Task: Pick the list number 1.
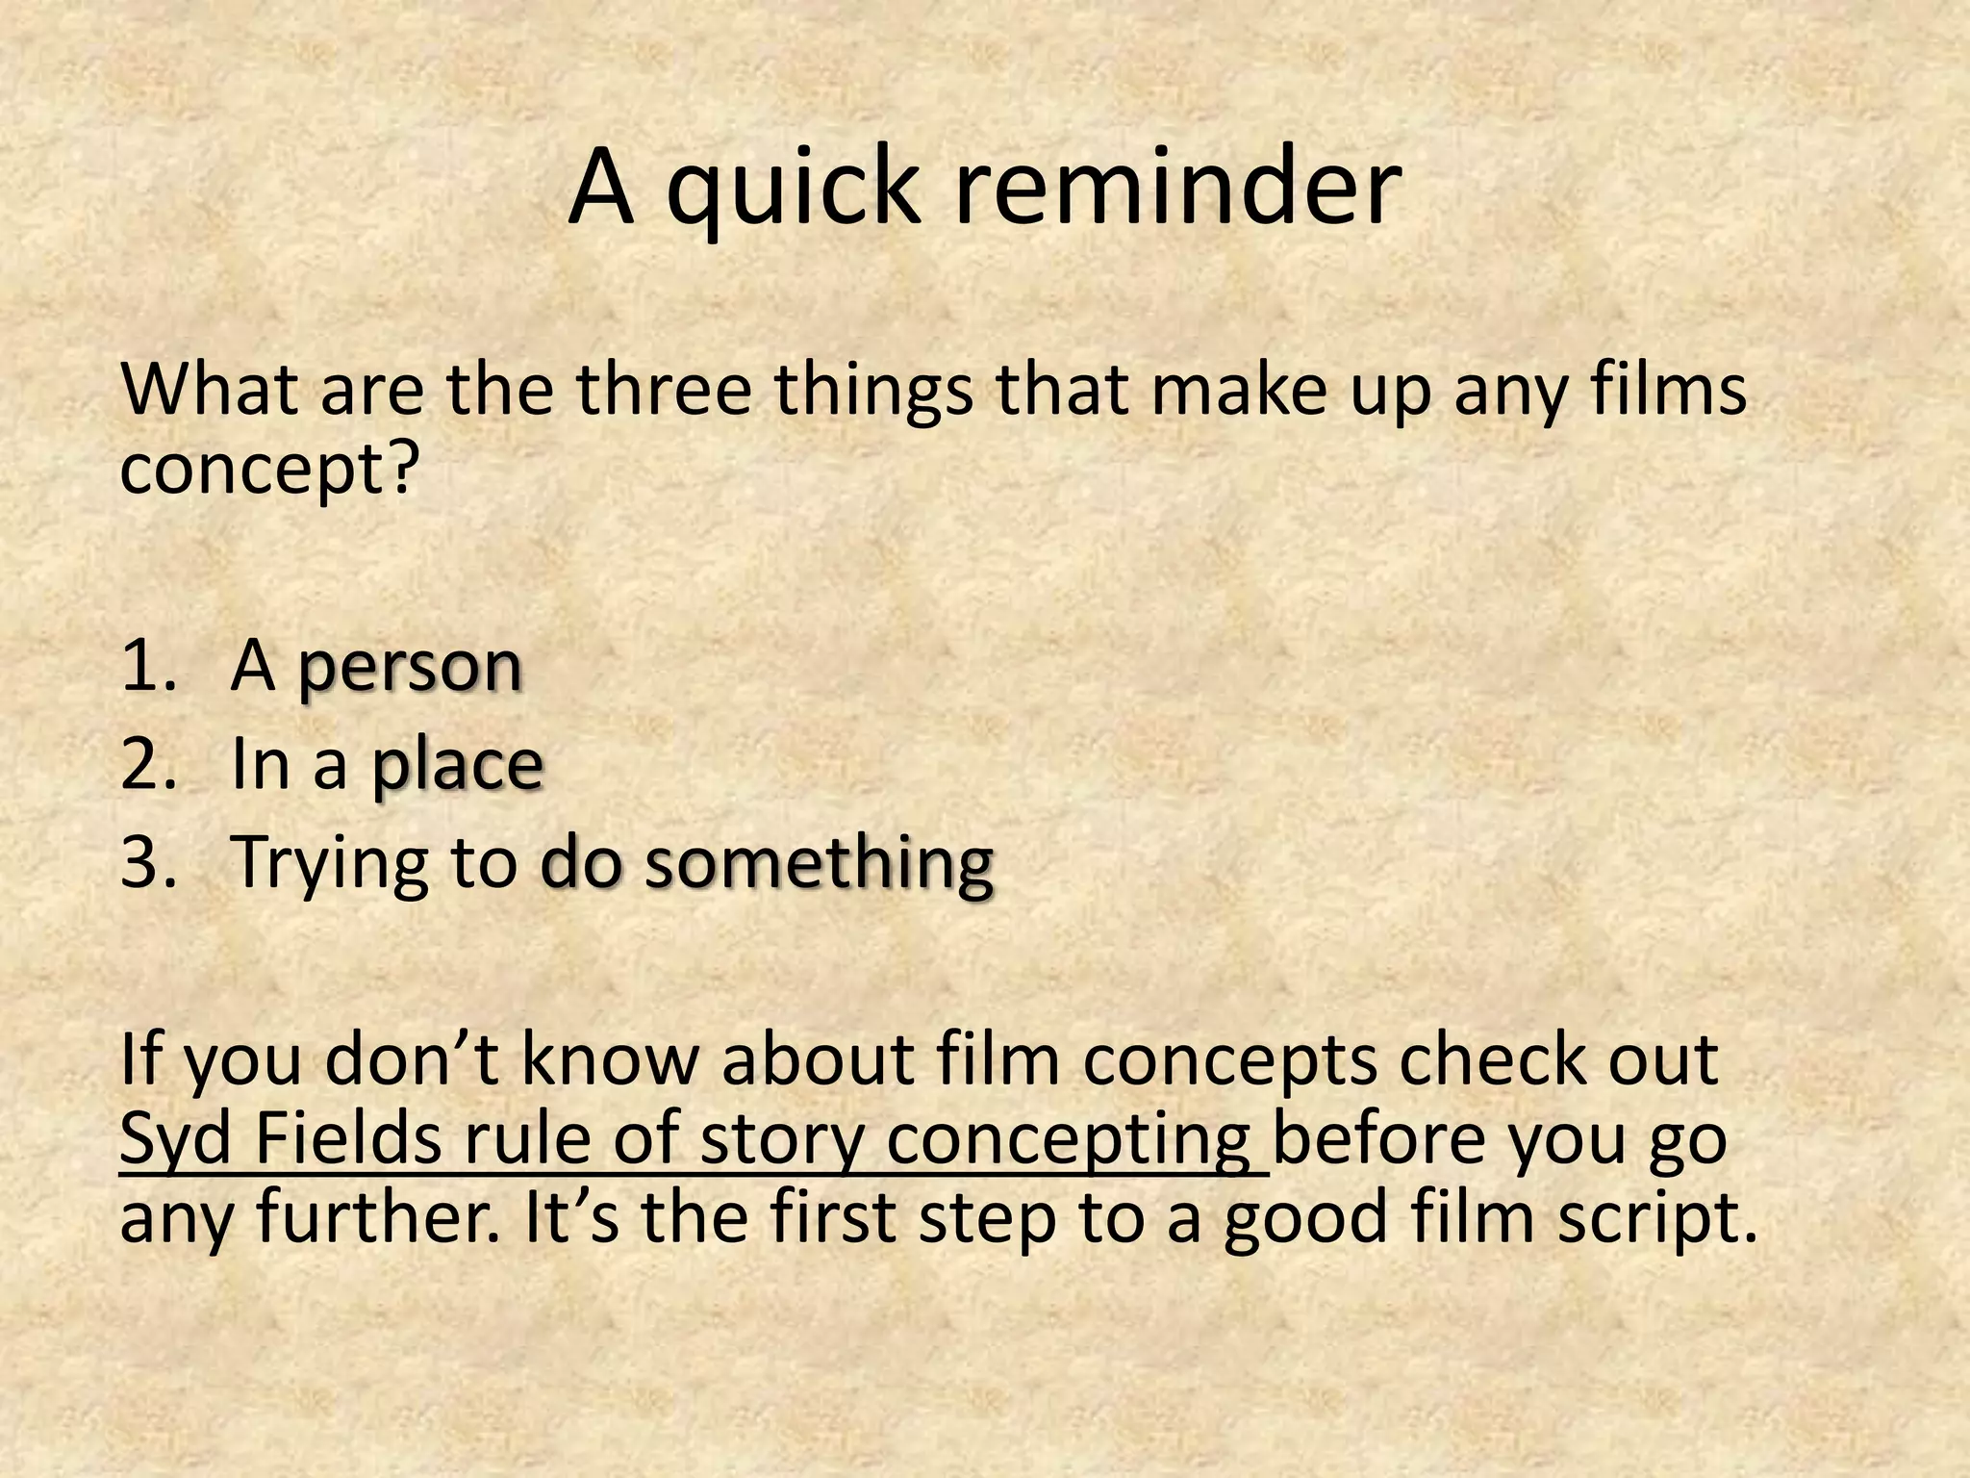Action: point(148,666)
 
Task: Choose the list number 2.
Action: point(150,765)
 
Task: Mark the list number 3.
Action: point(150,862)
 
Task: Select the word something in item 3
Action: point(819,862)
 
